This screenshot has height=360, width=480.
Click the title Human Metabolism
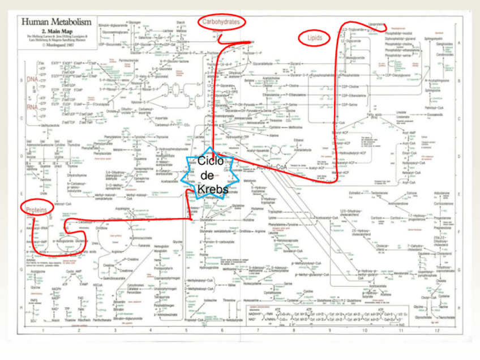55,23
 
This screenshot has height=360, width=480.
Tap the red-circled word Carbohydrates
222,22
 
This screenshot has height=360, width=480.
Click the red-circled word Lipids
315,38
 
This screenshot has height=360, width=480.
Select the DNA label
32,79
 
